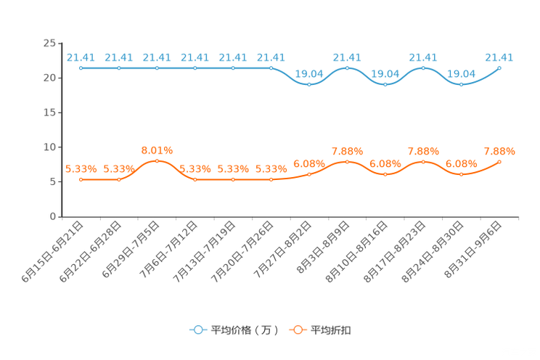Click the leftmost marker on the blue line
[x=81, y=68]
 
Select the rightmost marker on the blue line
[x=500, y=67]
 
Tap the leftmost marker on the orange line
[x=81, y=179]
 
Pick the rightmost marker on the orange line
[x=500, y=161]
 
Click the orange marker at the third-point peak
[x=157, y=160]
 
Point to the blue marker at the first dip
[x=309, y=84]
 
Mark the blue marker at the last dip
[x=461, y=84]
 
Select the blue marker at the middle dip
[x=385, y=84]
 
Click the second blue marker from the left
[x=119, y=68]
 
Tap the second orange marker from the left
[x=119, y=179]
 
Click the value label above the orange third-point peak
[x=157, y=150]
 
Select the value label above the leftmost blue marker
[x=81, y=57]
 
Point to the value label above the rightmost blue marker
[x=500, y=57]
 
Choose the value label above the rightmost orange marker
[x=500, y=150]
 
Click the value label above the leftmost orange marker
[x=81, y=168]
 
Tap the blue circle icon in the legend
[x=197, y=330]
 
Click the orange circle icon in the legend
[x=298, y=330]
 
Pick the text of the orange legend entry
[x=331, y=330]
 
